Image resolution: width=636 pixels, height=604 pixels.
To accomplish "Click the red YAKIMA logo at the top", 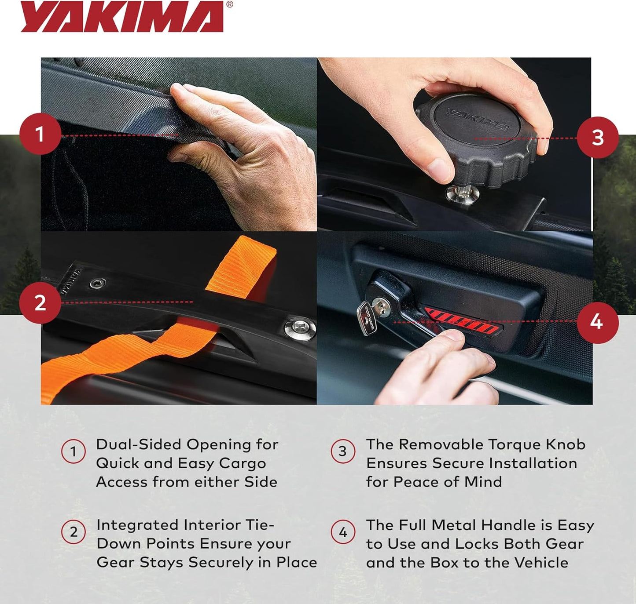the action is pos(122,17).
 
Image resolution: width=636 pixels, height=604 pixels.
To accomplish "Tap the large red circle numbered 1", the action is pos(40,134).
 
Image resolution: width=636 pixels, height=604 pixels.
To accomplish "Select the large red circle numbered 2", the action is pos(40,303).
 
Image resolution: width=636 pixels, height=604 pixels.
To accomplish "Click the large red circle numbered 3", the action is pos(598,137).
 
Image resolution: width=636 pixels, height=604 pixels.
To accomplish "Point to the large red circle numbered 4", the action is pos(598,323).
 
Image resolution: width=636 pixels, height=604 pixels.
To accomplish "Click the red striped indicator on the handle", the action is pos(463,322).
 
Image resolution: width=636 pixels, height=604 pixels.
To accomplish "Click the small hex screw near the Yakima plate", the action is pos(97,284).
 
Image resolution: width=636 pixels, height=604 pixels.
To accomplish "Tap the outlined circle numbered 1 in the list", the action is pos(74,451).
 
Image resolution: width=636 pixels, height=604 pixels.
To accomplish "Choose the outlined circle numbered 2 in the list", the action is pos(74,531).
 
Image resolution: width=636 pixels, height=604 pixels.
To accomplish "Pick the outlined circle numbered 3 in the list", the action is pos(343,451).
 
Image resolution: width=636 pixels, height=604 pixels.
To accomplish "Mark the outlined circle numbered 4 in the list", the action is pos(343,531).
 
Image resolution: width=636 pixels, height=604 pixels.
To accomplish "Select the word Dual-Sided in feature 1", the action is pos(139,445).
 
